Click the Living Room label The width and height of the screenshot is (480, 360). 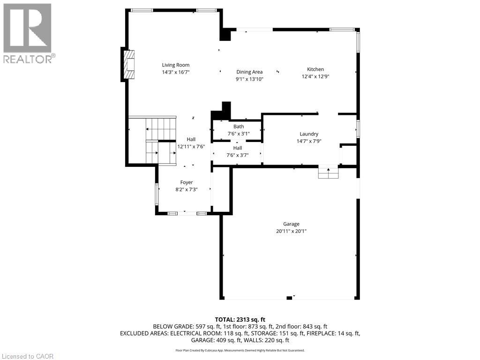(176, 65)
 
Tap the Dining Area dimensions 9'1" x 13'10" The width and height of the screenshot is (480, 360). (249, 79)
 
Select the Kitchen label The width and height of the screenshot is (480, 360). (315, 69)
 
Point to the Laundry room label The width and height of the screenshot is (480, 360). (309, 134)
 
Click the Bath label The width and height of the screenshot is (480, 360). (239, 126)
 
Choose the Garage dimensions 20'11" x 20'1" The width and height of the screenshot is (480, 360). (291, 231)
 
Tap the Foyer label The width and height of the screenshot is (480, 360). (187, 182)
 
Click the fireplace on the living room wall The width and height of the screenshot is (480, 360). (129, 65)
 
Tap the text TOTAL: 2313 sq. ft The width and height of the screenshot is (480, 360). (240, 319)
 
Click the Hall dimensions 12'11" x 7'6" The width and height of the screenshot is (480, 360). (191, 146)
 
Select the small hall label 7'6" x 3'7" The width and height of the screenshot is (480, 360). (238, 155)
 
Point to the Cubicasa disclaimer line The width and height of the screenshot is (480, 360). (240, 350)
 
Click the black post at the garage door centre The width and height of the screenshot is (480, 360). (289, 297)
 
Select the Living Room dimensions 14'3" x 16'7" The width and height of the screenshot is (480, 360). (176, 72)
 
